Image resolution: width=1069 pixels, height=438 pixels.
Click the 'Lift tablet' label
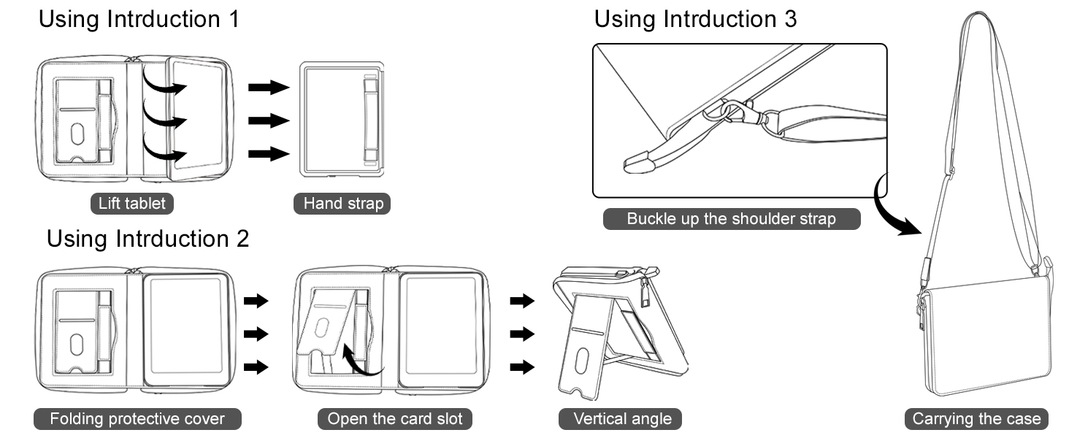tap(132, 203)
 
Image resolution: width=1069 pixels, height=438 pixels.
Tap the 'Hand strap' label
tap(342, 203)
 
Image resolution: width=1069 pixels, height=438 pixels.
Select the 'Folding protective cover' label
tap(137, 419)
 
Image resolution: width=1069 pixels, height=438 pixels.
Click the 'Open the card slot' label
tap(395, 419)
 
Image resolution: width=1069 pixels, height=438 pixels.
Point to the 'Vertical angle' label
tap(622, 419)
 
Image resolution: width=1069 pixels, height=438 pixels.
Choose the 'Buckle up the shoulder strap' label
tap(731, 219)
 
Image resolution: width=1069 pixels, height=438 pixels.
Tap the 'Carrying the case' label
tap(976, 419)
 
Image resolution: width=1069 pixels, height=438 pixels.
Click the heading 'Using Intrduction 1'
tap(139, 19)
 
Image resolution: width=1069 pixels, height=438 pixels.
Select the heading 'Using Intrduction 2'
tap(148, 238)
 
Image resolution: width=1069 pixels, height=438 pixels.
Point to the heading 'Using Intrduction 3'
tap(695, 19)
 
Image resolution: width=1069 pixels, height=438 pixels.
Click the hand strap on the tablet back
tap(372, 120)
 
